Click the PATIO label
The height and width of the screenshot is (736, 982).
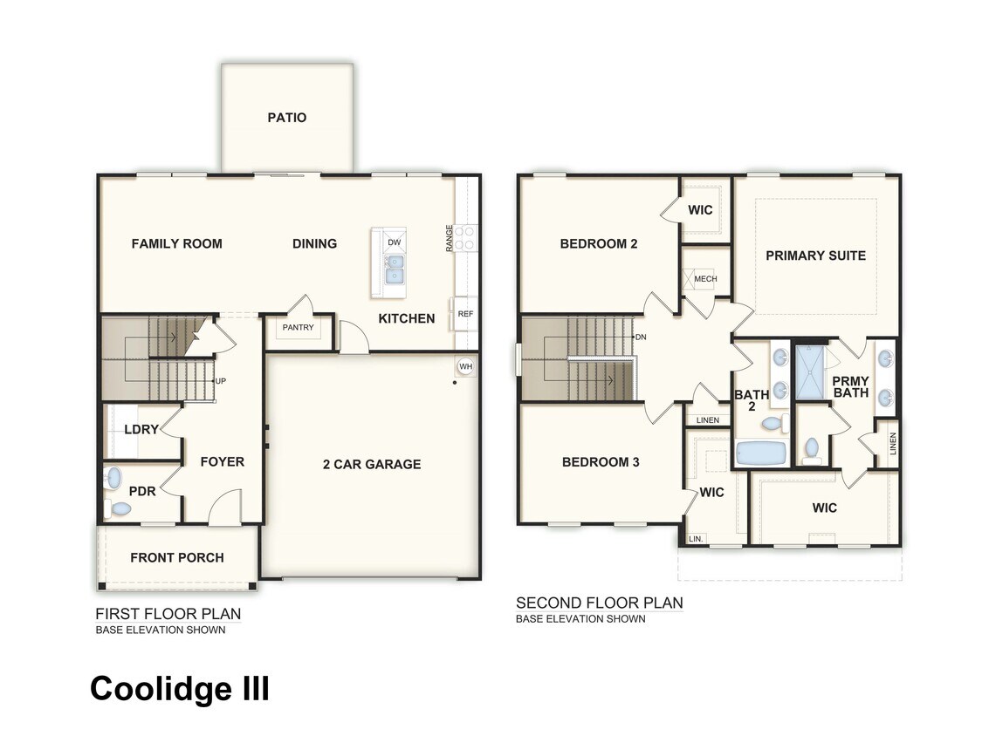point(287,117)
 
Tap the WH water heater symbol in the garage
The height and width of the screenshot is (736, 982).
point(465,366)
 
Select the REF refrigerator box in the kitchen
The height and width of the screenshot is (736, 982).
point(464,314)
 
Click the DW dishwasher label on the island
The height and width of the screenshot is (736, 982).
point(394,242)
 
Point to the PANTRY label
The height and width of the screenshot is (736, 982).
point(298,329)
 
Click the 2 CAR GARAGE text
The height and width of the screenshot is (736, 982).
point(371,464)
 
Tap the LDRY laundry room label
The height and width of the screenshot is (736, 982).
point(141,430)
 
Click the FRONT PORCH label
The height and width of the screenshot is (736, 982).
point(177,557)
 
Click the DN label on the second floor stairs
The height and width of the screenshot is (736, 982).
point(641,337)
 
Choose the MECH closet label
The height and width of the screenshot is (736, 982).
point(705,279)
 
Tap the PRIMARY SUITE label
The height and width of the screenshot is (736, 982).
point(815,256)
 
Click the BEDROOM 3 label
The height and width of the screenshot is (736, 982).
point(601,461)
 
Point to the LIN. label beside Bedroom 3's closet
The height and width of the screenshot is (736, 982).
point(696,539)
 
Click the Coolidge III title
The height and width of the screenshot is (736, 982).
point(180,688)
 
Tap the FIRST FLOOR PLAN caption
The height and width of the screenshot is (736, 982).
point(168,613)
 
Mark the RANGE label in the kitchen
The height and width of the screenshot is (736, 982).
point(450,238)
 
